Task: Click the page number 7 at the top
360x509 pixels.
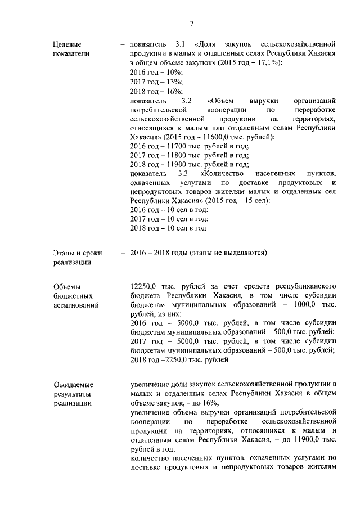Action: (192, 23)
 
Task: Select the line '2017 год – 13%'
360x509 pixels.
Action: (156, 82)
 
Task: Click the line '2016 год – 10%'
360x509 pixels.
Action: (156, 73)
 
